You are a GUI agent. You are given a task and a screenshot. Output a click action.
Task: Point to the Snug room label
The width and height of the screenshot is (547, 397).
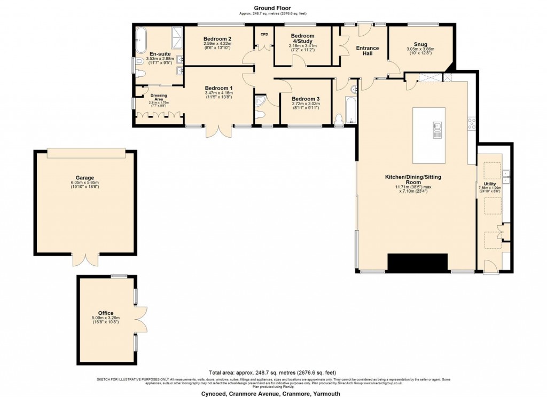point(420,44)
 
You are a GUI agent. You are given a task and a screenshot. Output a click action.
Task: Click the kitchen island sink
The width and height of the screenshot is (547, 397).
point(437,126)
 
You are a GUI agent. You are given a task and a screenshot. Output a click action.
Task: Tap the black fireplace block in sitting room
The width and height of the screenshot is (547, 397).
point(417,263)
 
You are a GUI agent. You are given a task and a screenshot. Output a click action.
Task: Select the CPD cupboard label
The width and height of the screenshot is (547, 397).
point(264,34)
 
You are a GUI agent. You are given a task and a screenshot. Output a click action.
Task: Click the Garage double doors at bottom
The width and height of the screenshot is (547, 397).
point(85,260)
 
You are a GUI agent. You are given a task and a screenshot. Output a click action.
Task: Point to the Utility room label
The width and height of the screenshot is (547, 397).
point(489,184)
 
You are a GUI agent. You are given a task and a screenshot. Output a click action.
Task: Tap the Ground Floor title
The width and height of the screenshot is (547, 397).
point(272,8)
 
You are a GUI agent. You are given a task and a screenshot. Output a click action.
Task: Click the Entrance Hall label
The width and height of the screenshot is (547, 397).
point(367,51)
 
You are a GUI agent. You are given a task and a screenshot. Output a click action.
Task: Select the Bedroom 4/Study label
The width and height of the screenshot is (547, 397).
point(302,38)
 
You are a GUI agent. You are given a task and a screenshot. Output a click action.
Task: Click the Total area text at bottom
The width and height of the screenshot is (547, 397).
point(272,372)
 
